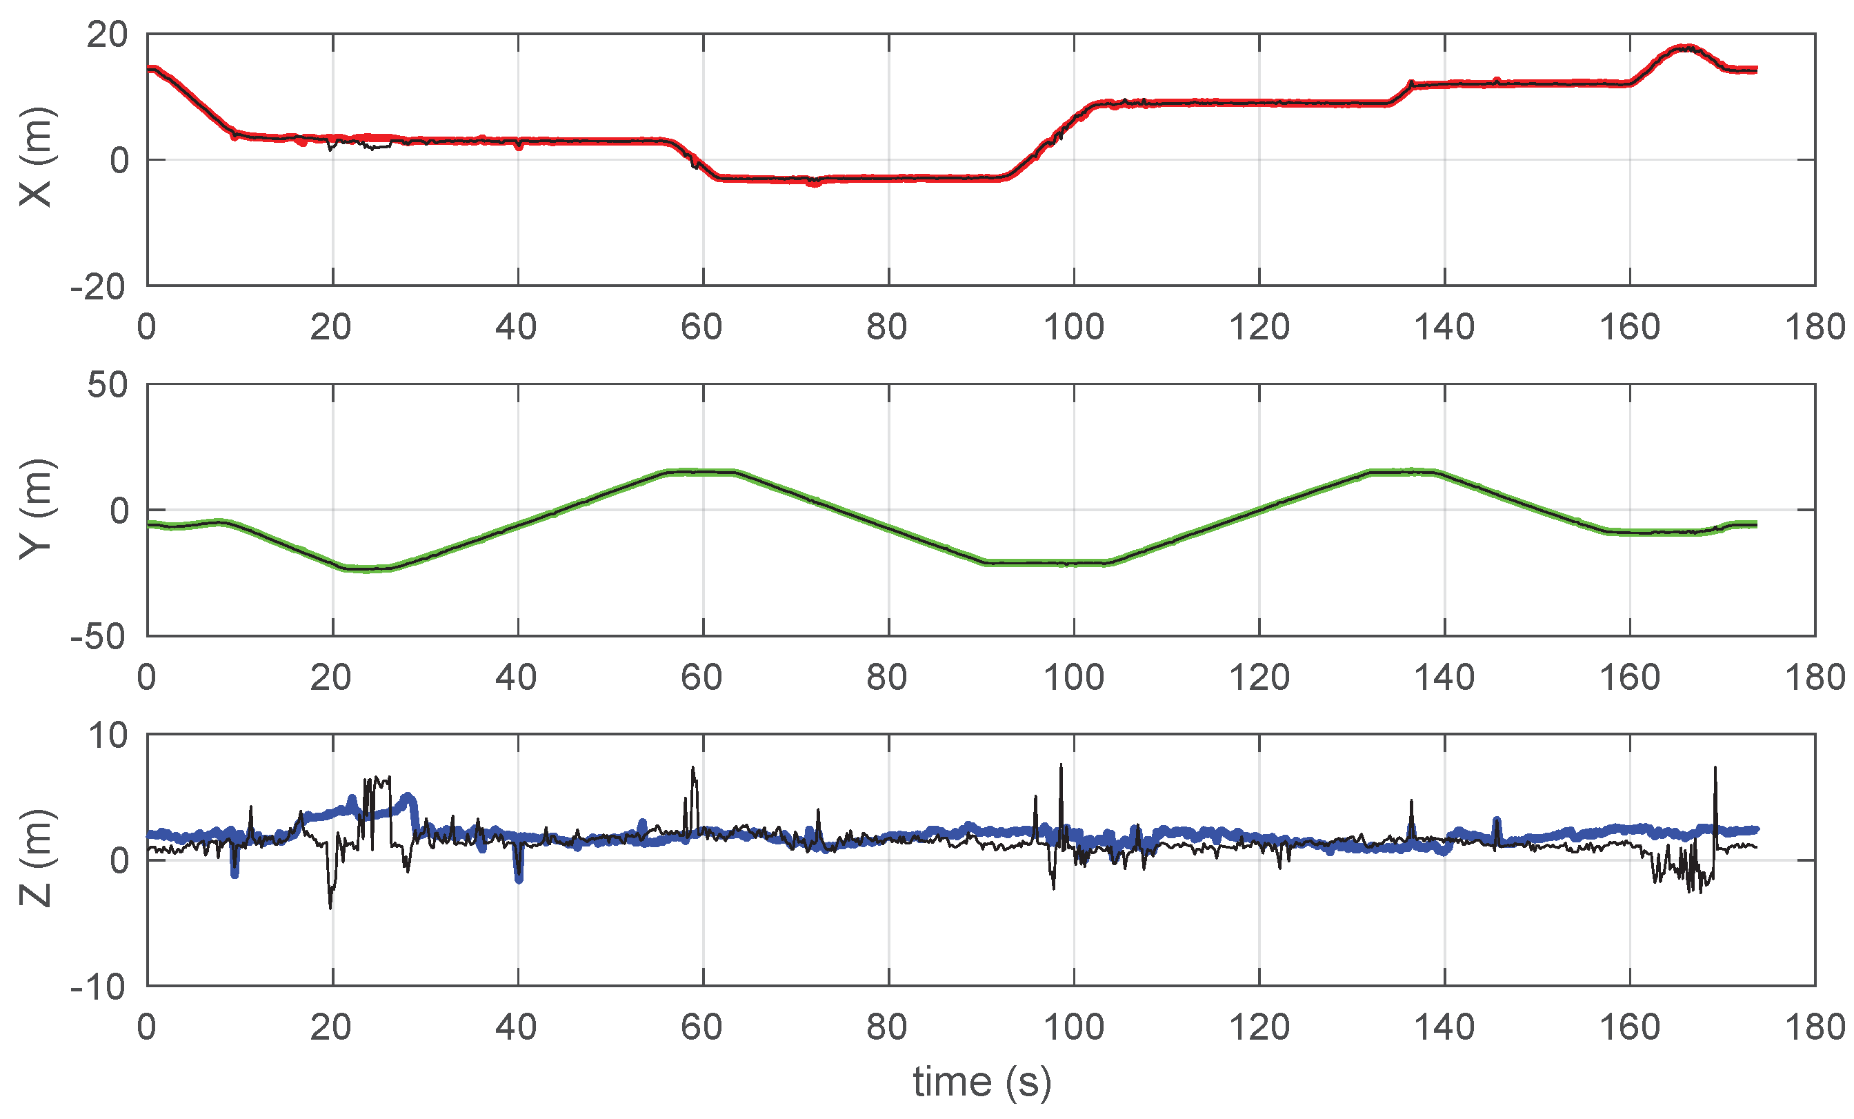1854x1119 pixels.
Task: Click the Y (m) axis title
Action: pyautogui.click(x=36, y=508)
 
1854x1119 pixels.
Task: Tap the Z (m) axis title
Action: pyautogui.click(x=36, y=859)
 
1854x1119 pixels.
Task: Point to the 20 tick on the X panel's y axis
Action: pyautogui.click(x=107, y=34)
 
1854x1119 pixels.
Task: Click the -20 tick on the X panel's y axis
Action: pyautogui.click(x=99, y=287)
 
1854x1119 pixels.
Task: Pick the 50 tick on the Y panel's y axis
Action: pyautogui.click(x=107, y=385)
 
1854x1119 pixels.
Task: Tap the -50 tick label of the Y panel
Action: pyautogui.click(x=99, y=637)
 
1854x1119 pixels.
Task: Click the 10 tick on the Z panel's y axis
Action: pyautogui.click(x=108, y=735)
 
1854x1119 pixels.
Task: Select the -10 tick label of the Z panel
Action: pyautogui.click(x=99, y=987)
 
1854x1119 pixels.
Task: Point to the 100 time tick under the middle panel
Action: pyautogui.click(x=1074, y=678)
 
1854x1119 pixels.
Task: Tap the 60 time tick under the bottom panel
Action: pyautogui.click(x=702, y=1028)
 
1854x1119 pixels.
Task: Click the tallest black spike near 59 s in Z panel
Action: pyautogui.click(x=693, y=769)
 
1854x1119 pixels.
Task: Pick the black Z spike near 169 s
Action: pyautogui.click(x=1715, y=769)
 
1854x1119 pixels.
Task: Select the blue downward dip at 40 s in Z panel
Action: pyautogui.click(x=519, y=878)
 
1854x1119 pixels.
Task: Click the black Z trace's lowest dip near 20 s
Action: pyautogui.click(x=330, y=907)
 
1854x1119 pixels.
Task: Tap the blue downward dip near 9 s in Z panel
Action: pyautogui.click(x=235, y=873)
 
